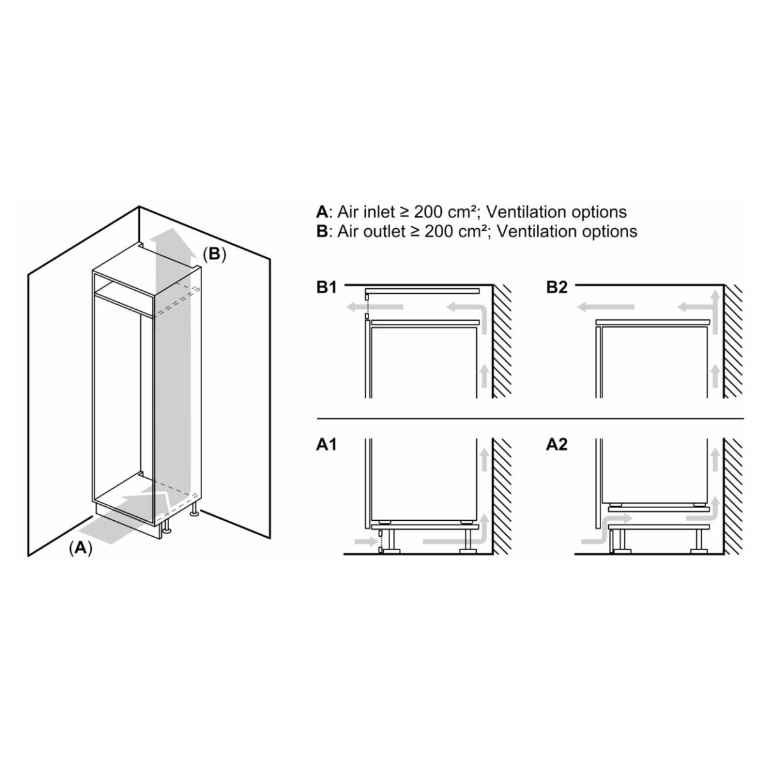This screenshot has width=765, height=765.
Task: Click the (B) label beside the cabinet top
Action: [x=214, y=254]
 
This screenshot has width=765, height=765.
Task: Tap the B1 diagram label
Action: [x=326, y=288]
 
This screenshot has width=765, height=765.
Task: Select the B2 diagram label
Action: [x=557, y=288]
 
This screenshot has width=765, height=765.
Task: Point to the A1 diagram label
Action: [x=326, y=445]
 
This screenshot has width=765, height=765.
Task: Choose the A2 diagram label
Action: [x=557, y=445]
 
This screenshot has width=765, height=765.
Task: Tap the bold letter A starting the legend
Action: [x=322, y=212]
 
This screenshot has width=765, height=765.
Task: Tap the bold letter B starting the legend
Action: [x=321, y=231]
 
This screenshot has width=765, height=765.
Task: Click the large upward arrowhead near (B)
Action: [x=171, y=240]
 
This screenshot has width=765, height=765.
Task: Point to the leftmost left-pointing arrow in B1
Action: [x=374, y=307]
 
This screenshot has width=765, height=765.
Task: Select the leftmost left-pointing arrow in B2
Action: [x=606, y=307]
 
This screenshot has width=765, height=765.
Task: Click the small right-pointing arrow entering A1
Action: [x=365, y=541]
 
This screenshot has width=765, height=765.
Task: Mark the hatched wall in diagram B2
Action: [x=733, y=342]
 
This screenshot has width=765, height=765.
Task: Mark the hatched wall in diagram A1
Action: [x=502, y=496]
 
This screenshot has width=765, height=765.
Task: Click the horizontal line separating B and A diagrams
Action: [x=530, y=418]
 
